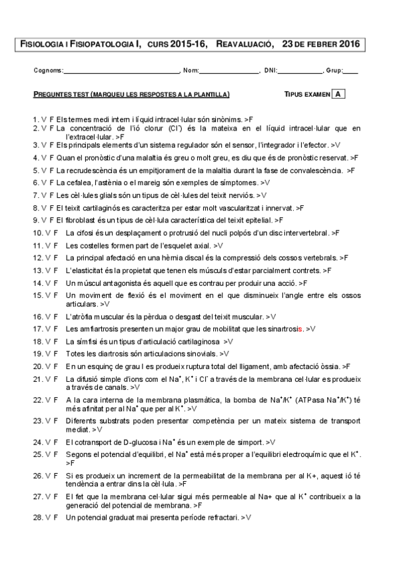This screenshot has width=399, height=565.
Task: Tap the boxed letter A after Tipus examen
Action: point(338,95)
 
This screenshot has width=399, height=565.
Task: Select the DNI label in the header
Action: point(270,71)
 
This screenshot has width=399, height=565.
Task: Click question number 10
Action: point(38,233)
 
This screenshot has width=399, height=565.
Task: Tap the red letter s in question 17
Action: point(301,329)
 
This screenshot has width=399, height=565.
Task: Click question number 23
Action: point(38,420)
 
